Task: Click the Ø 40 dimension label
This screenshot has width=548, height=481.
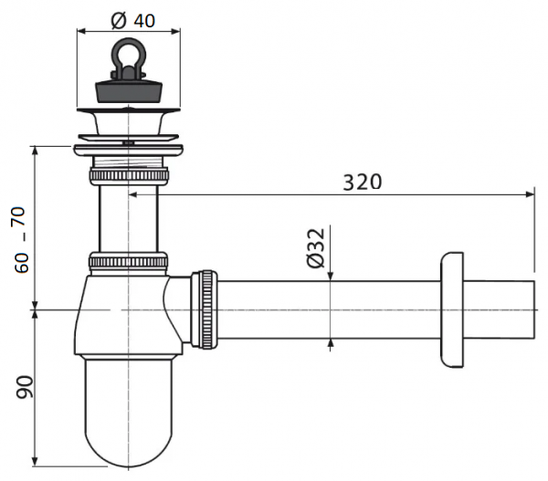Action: (132, 20)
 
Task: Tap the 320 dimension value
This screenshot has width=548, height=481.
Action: (362, 182)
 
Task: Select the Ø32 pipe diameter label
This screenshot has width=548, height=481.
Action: (316, 247)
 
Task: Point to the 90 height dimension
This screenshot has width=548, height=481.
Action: (25, 387)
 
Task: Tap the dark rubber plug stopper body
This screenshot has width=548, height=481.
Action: (129, 91)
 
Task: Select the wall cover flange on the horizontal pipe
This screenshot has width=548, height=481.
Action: (452, 309)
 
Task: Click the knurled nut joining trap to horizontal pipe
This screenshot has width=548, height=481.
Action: (205, 309)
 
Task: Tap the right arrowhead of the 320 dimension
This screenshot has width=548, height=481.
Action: (530, 194)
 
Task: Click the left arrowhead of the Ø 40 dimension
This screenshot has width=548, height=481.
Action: (81, 31)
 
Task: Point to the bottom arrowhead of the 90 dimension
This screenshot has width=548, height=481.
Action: (35, 461)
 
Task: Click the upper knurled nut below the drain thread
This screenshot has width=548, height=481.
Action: (129, 175)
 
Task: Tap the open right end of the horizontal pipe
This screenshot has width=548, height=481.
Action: (534, 309)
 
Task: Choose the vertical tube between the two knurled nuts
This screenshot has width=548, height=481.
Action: (129, 218)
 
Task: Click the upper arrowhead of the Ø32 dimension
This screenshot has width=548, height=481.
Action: (331, 276)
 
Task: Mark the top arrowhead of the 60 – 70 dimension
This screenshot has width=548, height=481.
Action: (35, 152)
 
